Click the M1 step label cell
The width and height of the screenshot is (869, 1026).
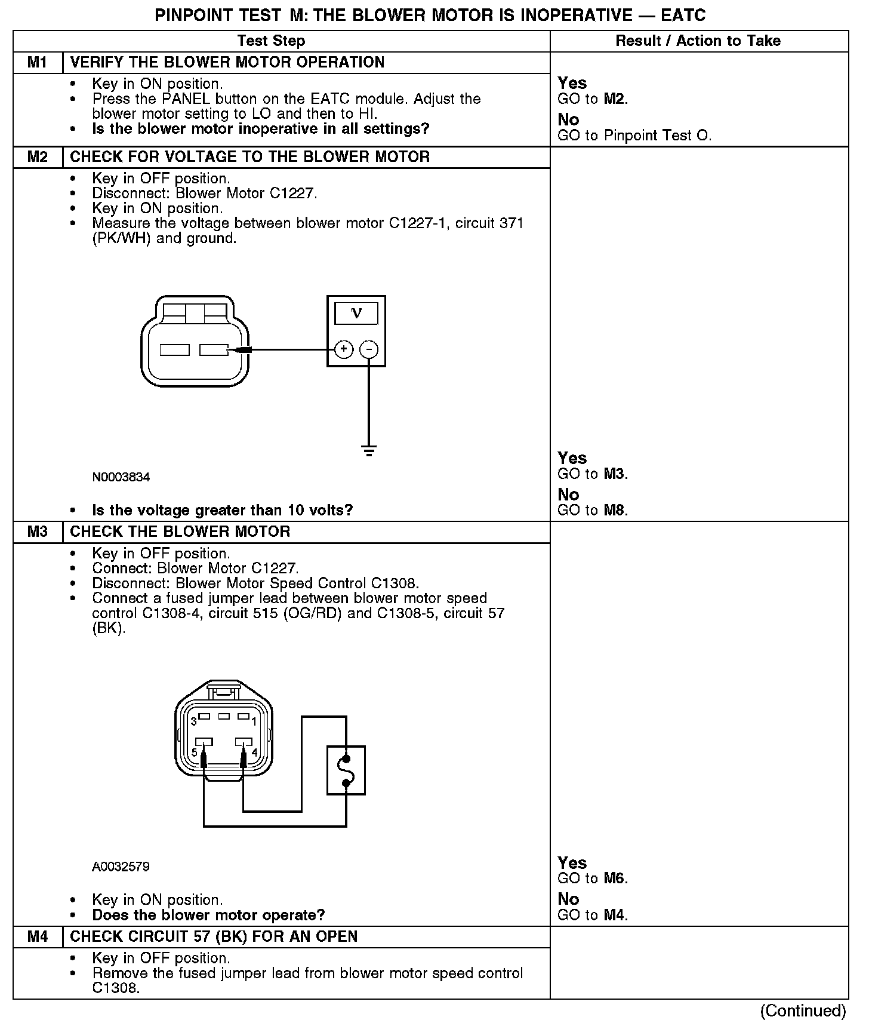pos(38,63)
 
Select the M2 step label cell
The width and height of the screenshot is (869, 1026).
pos(38,157)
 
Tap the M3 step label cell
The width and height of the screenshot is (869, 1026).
pos(38,532)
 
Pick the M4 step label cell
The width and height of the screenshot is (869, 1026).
pos(38,936)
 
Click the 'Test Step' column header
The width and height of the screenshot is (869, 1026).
pos(271,41)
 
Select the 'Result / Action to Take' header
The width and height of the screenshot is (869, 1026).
pos(698,41)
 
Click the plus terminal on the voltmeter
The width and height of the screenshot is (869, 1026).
pos(344,349)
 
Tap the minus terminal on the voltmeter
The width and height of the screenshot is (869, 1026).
pos(369,349)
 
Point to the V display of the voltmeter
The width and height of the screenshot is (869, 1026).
pos(356,313)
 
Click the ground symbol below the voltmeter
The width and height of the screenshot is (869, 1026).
pos(369,450)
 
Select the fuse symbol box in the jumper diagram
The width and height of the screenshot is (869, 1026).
pos(346,770)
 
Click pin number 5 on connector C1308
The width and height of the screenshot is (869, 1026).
pos(194,752)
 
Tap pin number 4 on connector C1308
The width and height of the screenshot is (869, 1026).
pos(254,752)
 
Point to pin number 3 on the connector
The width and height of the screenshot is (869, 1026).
pos(193,721)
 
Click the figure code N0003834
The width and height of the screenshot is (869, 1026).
pos(121,477)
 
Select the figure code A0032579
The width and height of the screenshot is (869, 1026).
pos(121,867)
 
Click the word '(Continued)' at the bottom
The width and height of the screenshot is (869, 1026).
pos(803,1010)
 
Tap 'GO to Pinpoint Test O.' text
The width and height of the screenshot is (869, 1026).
pos(634,136)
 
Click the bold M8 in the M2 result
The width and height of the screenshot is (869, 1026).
pos(615,511)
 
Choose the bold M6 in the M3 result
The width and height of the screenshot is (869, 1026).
pos(615,878)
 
